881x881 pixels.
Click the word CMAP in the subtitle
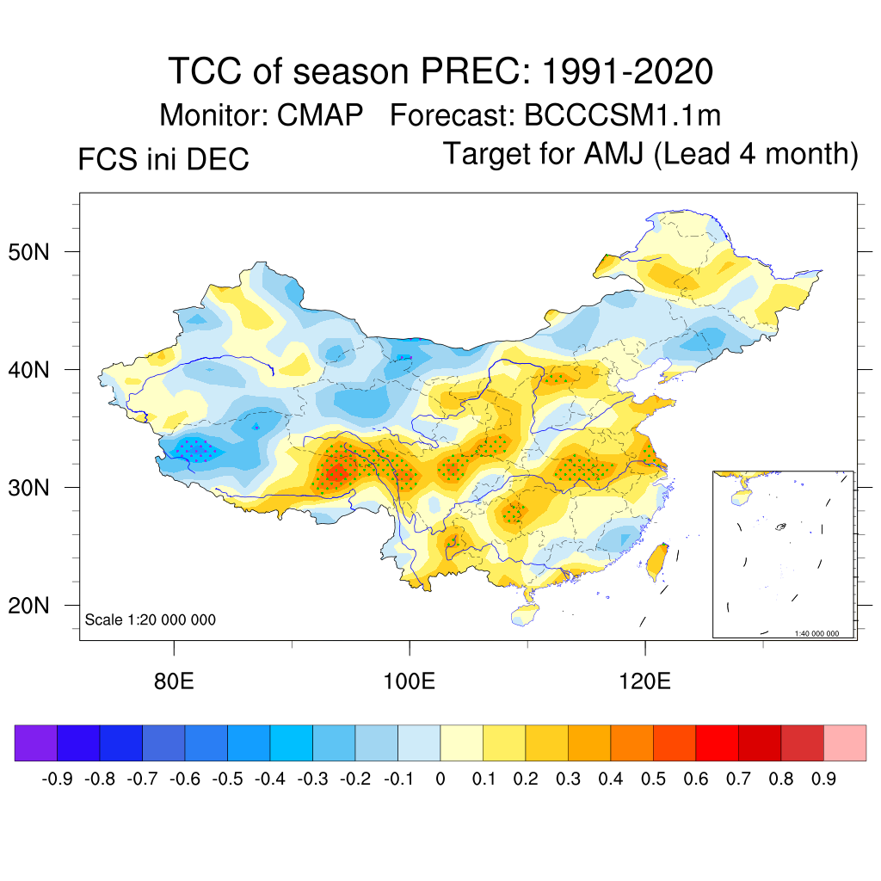coord(320,114)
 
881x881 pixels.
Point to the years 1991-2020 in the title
coord(627,71)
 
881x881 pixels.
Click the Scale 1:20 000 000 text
coord(151,619)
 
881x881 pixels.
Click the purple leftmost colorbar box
coord(36,742)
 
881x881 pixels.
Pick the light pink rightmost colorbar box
coord(845,742)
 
